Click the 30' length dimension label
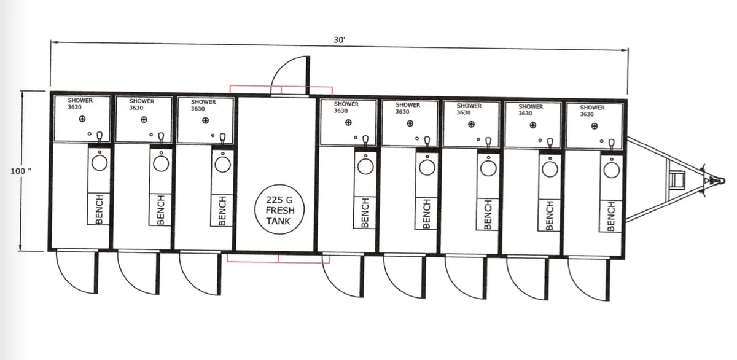point(340,40)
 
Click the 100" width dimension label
point(21,171)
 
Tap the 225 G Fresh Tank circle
point(279,209)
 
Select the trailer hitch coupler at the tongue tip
point(717,181)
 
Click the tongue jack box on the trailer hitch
point(677,179)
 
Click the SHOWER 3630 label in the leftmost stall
point(80,104)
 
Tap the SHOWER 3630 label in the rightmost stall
point(592,111)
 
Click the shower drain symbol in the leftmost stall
point(82,119)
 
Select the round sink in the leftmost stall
point(99,163)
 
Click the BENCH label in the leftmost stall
point(99,209)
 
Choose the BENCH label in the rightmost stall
point(611,216)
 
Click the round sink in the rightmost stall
point(612,170)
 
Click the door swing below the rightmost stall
point(589,279)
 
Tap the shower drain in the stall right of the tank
point(348,122)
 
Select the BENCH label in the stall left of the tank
point(222,211)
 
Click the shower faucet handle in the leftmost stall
point(99,136)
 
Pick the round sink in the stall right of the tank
point(365,166)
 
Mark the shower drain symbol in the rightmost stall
point(595,126)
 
